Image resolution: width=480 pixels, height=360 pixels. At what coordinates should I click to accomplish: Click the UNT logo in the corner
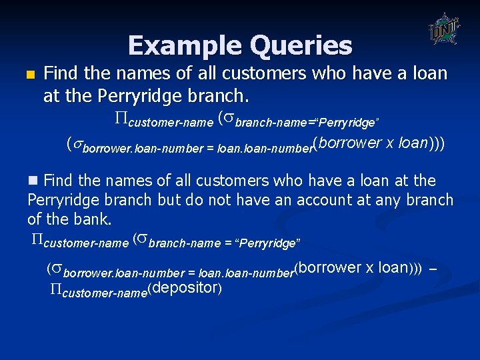(443, 29)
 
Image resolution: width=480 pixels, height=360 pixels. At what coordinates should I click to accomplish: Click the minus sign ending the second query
(433, 270)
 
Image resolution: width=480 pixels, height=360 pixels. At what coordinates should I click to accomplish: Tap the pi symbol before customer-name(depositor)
(56, 289)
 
